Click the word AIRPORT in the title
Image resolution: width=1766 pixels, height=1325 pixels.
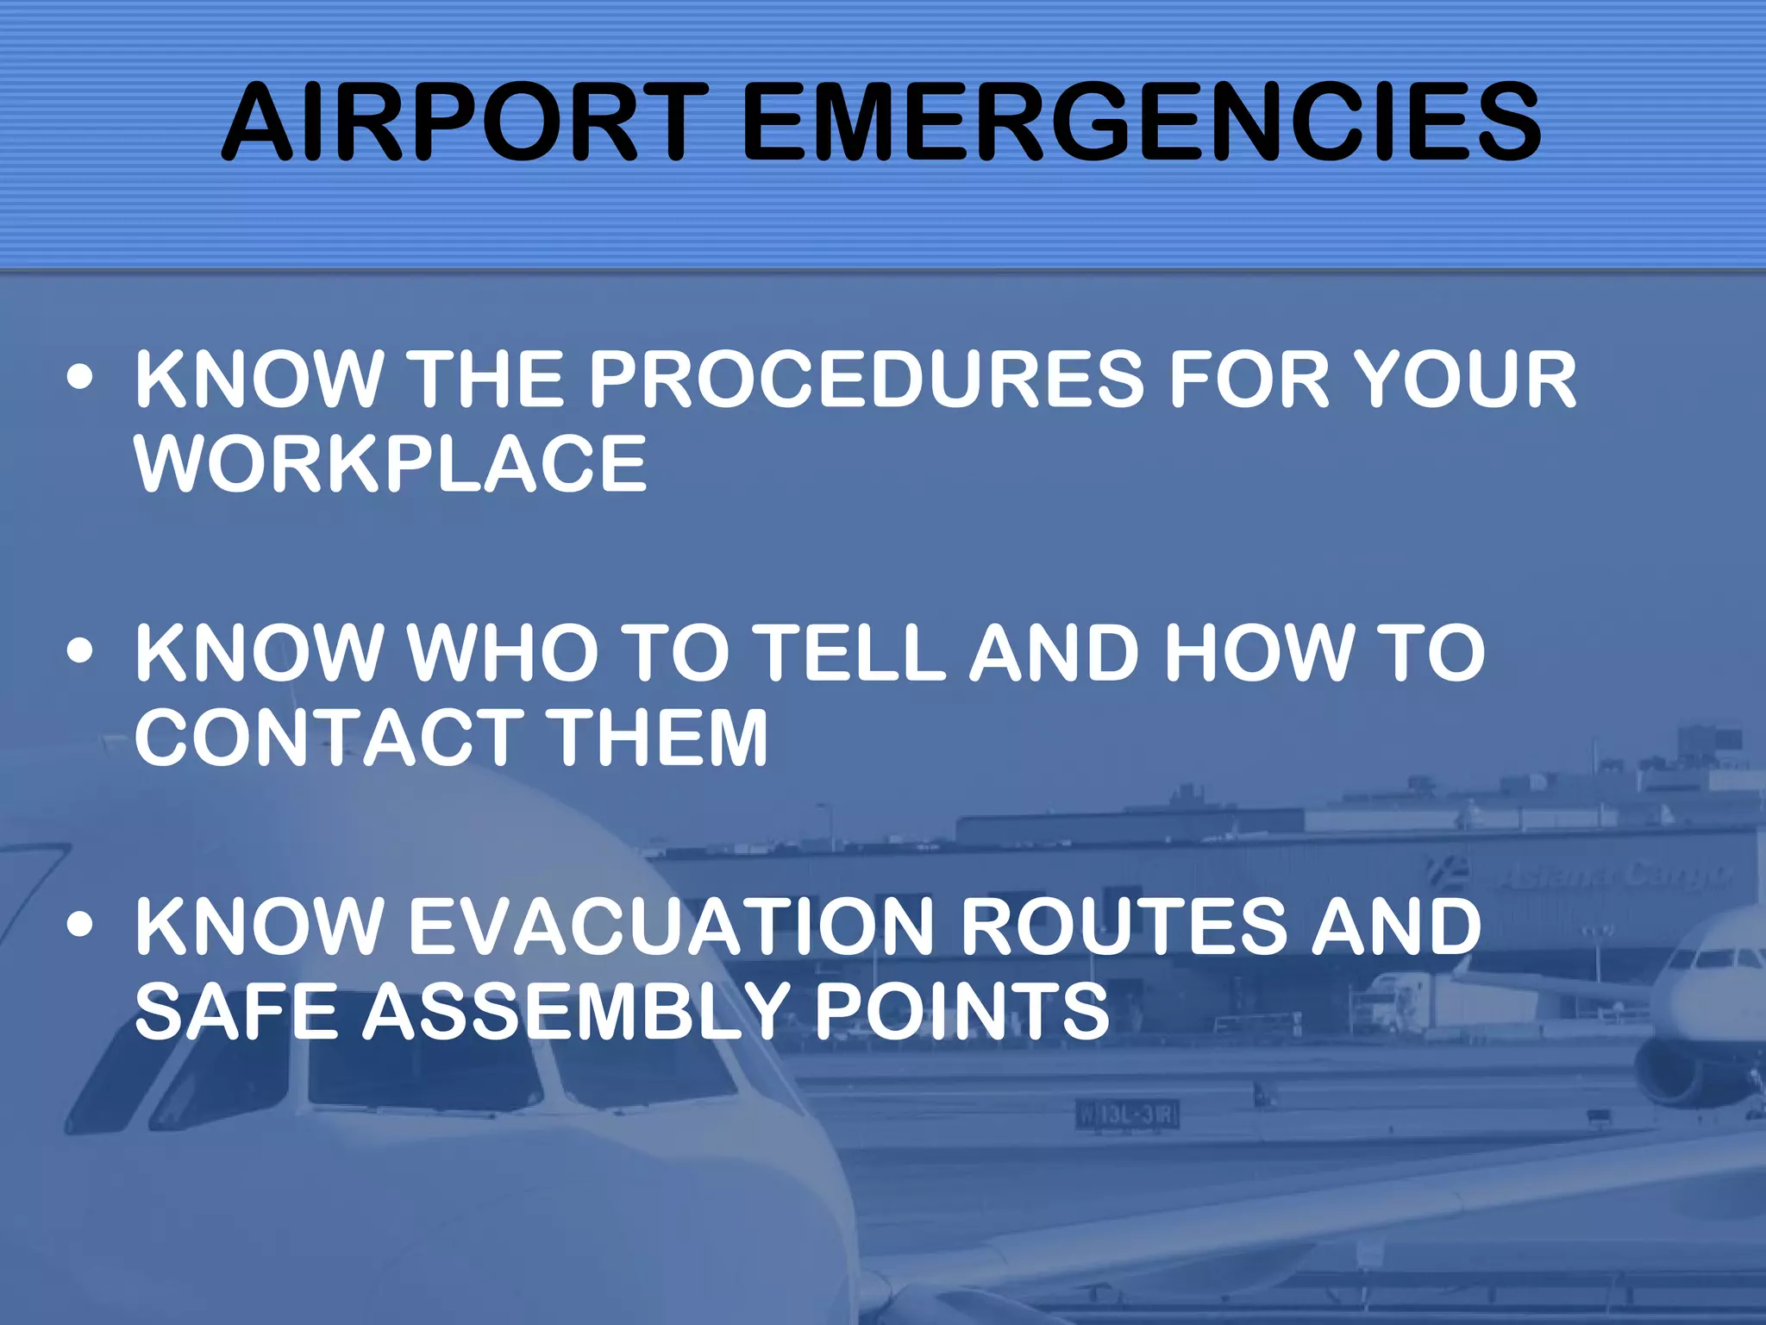point(465,122)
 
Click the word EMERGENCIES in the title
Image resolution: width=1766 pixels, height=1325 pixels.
point(1140,122)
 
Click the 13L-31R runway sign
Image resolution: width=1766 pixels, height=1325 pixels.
point(1126,1115)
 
